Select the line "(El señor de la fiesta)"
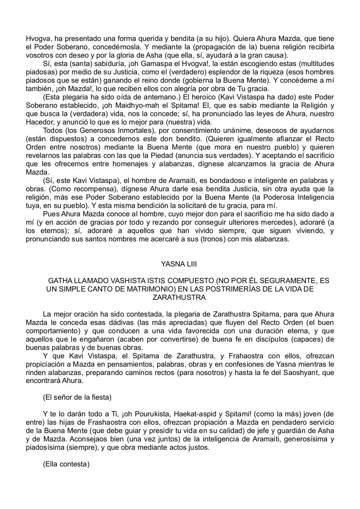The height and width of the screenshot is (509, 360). click(77, 397)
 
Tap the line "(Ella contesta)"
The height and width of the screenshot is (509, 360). click(66, 464)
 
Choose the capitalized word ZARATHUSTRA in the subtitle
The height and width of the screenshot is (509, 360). click(179, 297)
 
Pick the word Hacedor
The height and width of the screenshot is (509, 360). click(39, 122)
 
